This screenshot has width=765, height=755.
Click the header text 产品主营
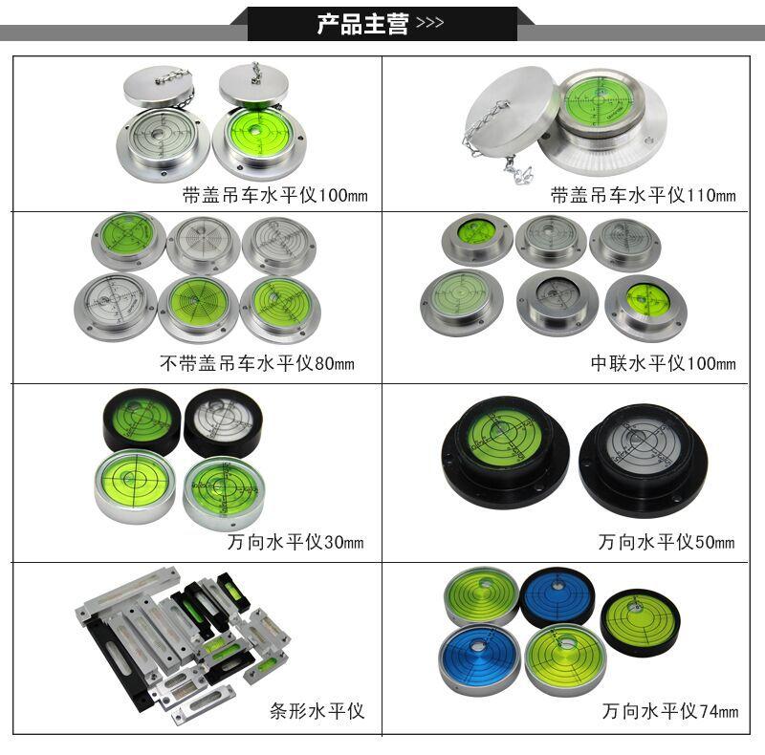(362, 24)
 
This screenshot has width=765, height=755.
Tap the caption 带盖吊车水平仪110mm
(643, 197)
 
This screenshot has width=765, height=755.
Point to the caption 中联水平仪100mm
(663, 364)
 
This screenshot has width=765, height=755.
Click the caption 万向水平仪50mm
(667, 543)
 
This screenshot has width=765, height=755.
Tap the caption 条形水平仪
(317, 712)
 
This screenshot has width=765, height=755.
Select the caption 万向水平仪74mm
(669, 712)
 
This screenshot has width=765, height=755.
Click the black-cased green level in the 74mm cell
(640, 616)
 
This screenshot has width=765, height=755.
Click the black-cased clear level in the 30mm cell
(223, 421)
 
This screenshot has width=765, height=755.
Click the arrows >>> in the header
(431, 24)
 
